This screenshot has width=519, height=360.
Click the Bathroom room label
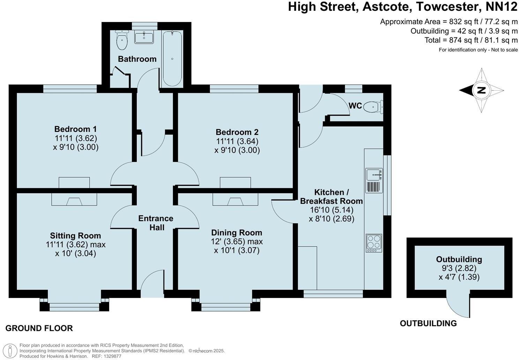137,59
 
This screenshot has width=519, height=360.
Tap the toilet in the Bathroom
121,40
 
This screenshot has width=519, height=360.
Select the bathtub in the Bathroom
172,58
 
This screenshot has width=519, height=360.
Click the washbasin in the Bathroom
144,37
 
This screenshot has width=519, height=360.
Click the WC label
355,106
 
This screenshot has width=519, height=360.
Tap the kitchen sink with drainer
374,180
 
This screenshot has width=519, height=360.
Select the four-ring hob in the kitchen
374,243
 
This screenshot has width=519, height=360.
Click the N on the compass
481,90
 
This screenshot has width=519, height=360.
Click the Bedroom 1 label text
76,129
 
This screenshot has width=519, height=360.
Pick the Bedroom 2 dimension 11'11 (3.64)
237,141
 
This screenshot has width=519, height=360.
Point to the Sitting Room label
76,235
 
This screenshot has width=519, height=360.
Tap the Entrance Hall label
156,223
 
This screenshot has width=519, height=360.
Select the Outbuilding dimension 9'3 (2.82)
459,268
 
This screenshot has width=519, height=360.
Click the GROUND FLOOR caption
39,328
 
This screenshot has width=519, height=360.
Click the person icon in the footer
10,351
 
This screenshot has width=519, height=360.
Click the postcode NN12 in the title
502,7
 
